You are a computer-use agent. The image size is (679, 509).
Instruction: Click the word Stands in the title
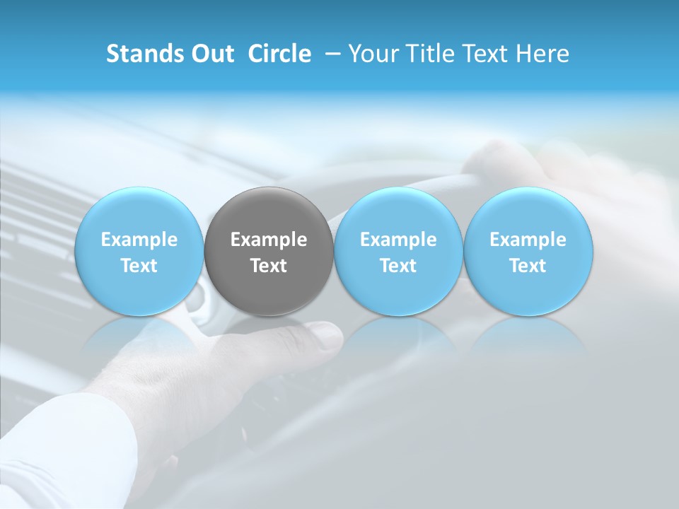[x=138, y=54]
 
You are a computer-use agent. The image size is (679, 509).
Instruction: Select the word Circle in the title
[x=279, y=54]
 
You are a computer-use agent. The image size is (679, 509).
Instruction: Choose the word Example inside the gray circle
[x=269, y=240]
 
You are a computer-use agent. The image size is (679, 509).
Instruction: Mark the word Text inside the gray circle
[x=269, y=266]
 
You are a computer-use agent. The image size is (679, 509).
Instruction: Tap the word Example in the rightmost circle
[x=528, y=240]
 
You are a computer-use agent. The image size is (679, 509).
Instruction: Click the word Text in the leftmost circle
[x=139, y=266]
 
